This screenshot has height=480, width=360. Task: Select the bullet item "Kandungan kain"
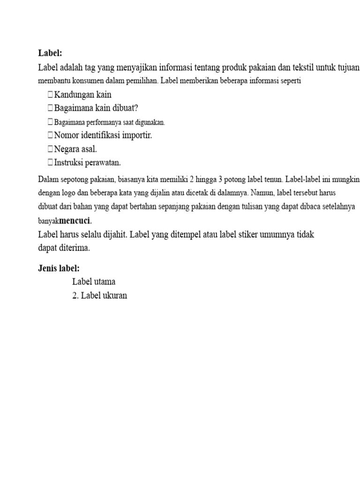tap(82, 95)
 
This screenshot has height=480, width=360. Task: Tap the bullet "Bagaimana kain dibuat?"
tap(96, 108)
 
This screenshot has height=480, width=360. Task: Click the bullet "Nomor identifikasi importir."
tap(103, 135)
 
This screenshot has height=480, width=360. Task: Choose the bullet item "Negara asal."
tap(75, 149)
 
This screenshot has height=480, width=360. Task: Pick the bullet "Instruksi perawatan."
tap(88, 163)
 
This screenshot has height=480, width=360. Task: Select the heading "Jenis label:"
tap(59, 268)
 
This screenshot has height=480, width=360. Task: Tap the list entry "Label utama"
tap(94, 282)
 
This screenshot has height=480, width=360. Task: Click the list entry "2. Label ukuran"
tap(99, 296)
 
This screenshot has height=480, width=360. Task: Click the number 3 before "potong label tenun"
tap(220, 180)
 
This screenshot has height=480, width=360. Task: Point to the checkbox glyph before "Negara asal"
tap(50, 149)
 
